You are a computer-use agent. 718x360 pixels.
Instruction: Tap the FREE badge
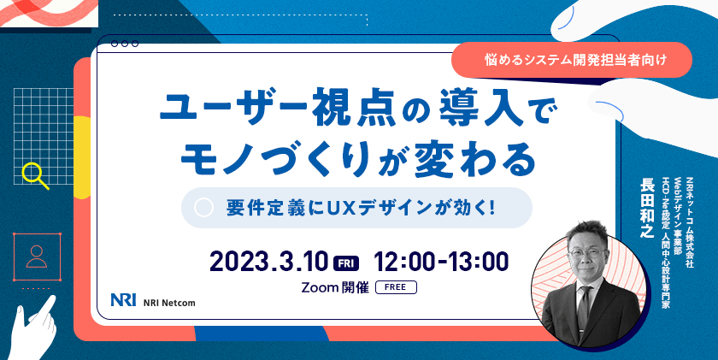pyautogui.click(x=396, y=287)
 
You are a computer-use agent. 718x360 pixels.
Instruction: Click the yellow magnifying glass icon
pyautogui.click(x=35, y=174)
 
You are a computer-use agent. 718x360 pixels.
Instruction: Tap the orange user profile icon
pyautogui.click(x=36, y=254)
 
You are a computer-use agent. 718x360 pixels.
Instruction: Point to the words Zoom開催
pyautogui.click(x=336, y=287)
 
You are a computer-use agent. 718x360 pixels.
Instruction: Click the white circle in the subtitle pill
pyautogui.click(x=204, y=208)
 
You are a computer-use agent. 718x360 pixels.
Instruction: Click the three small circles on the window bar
pyautogui.click(x=125, y=43)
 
